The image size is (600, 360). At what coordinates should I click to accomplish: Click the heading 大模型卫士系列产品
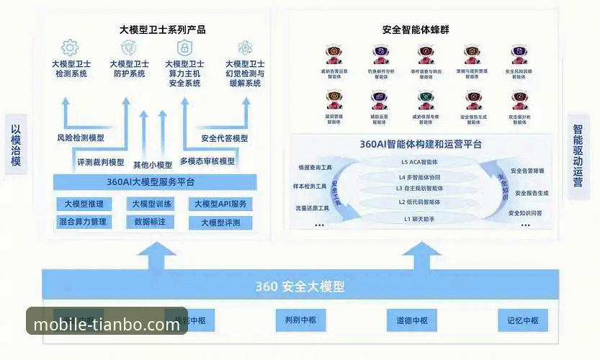(x=162, y=30)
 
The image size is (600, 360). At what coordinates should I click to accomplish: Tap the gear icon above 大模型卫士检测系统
(x=70, y=48)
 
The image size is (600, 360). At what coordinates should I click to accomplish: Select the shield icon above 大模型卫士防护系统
(x=129, y=48)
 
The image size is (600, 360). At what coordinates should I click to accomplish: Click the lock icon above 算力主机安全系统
(x=184, y=48)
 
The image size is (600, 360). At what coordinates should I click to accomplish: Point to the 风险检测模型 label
(x=80, y=138)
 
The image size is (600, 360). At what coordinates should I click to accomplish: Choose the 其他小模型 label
(x=153, y=164)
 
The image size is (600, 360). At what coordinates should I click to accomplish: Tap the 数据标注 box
(x=150, y=222)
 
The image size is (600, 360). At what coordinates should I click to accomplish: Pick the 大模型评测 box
(x=220, y=222)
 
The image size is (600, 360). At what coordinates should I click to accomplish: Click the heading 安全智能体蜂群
(x=416, y=30)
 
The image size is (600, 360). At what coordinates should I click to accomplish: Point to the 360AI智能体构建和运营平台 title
(x=421, y=144)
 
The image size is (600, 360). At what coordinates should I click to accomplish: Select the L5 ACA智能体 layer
(x=419, y=162)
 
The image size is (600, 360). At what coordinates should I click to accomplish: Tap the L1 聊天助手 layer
(x=419, y=218)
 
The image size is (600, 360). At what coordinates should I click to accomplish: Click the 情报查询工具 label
(x=313, y=168)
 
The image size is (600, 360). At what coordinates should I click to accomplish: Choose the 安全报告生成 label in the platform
(x=529, y=193)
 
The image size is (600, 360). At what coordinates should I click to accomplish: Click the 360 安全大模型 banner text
(x=300, y=287)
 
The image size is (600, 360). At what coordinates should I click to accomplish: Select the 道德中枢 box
(x=411, y=320)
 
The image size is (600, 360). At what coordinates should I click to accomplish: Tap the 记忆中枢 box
(x=522, y=320)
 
